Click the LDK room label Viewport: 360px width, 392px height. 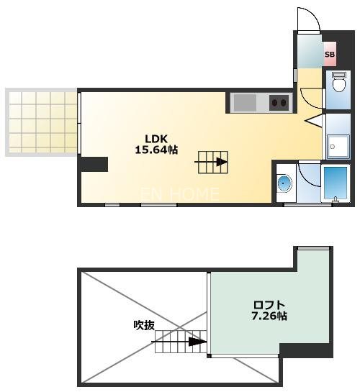[156, 139]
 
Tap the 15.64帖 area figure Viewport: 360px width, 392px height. [156, 150]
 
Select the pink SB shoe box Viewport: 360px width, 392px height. [330, 54]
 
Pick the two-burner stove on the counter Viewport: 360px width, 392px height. [279, 102]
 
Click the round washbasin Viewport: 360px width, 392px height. [284, 184]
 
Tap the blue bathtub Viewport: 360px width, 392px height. [335, 184]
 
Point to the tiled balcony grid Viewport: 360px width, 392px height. [42, 121]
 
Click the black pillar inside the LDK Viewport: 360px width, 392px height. [93, 165]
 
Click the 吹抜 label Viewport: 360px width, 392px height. [144, 325]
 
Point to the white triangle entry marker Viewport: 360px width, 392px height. [314, 121]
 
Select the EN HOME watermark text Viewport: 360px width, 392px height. [180, 193]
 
